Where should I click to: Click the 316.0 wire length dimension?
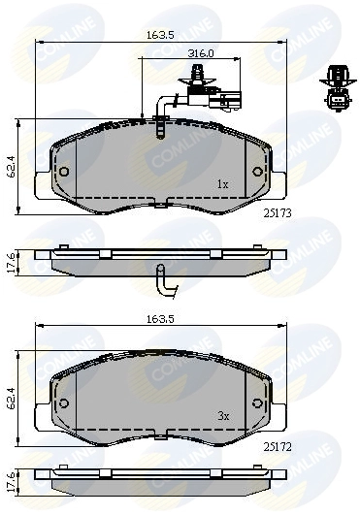coord(202,54)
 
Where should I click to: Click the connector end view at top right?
coord(335,90)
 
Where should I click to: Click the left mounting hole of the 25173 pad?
coord(64,173)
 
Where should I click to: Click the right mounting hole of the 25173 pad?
coord(257,173)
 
